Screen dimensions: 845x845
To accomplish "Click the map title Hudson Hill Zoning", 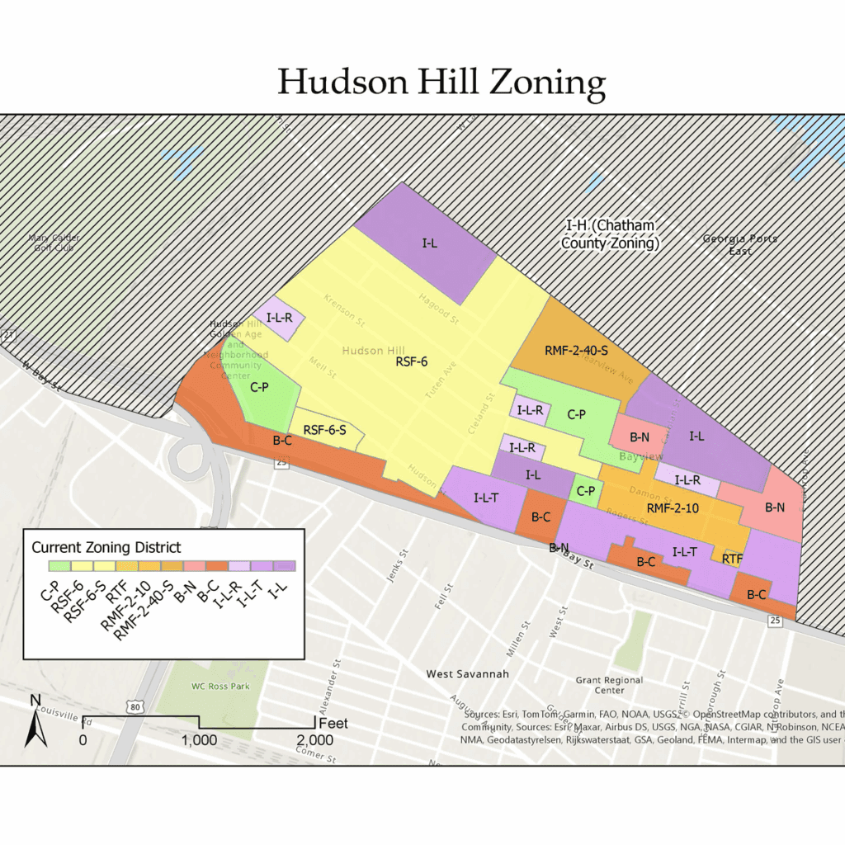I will pos(441,83).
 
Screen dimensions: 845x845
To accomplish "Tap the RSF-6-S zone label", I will pos(324,430).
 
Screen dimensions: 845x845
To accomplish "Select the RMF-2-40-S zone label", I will pos(576,351).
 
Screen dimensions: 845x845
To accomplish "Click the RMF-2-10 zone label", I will pos(673,508).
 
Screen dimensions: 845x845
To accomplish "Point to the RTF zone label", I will pos(732,559).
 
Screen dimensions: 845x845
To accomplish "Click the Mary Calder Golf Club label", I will pos(54,243).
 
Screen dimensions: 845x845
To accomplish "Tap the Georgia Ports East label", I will pos(739,244).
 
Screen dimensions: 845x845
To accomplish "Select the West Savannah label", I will pos(467,674).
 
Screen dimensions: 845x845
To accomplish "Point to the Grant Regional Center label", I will pos(610,685).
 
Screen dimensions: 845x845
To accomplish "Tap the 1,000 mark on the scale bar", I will pos(199,740).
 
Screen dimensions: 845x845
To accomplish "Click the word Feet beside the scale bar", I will pos(333,724).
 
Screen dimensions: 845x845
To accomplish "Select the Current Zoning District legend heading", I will pos(106,547).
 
